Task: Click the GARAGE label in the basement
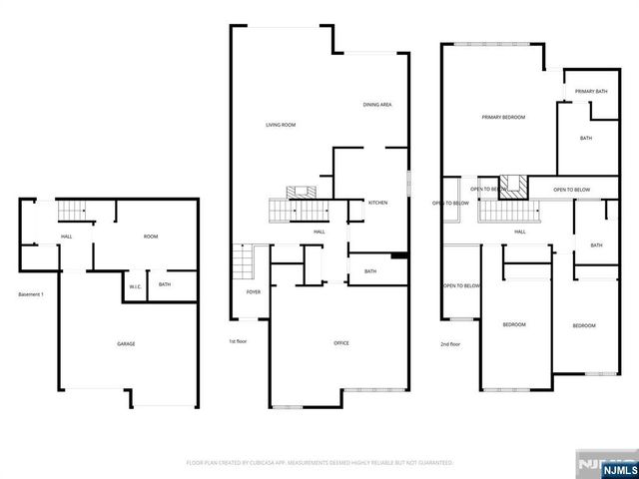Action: [x=126, y=344]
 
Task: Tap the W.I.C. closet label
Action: [x=135, y=286]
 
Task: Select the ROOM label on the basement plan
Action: [x=151, y=237]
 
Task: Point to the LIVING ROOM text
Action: [x=281, y=125]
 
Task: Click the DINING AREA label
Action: [x=376, y=104]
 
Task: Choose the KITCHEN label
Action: [x=377, y=203]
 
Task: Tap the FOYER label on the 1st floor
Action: [x=254, y=292]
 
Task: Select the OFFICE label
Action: [x=340, y=343]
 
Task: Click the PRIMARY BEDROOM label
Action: [x=503, y=117]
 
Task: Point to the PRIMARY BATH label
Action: [x=591, y=92]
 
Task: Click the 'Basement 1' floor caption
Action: [x=31, y=294]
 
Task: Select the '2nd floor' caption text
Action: [x=450, y=344]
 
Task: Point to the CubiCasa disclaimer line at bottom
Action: [x=319, y=463]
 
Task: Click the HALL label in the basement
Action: [x=66, y=237]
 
